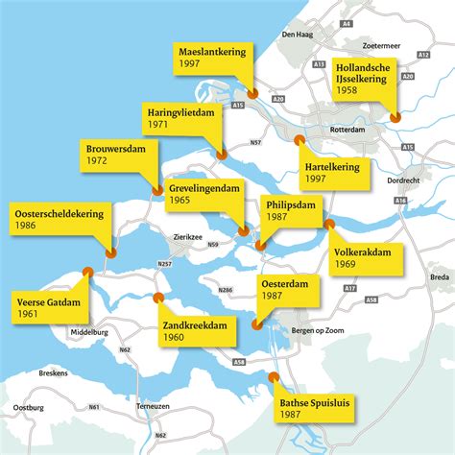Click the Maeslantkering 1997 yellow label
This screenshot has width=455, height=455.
point(214,56)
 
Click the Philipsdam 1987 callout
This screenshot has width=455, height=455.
point(289,210)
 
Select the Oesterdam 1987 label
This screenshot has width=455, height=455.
point(288,290)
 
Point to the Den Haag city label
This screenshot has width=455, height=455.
point(295,34)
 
